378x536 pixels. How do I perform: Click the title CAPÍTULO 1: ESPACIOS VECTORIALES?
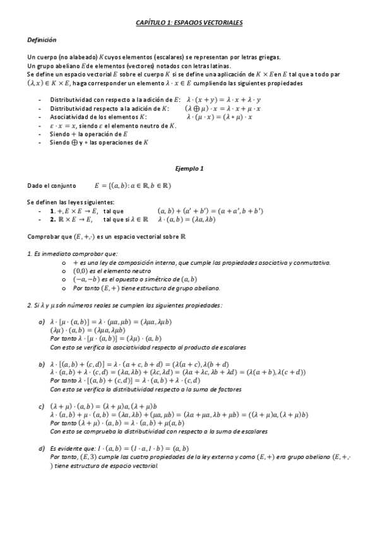coord(189,22)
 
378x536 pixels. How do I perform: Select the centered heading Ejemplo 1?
coord(189,169)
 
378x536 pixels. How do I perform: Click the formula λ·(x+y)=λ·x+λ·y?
coord(225,100)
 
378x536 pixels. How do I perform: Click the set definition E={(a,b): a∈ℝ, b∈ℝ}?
coord(133,186)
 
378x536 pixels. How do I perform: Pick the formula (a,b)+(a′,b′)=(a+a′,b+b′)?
coord(210,210)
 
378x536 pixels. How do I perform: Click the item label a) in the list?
coord(42,323)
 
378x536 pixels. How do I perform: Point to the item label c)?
coord(42,405)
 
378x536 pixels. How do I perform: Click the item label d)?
coord(42,448)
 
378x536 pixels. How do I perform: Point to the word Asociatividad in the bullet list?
coord(71,117)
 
